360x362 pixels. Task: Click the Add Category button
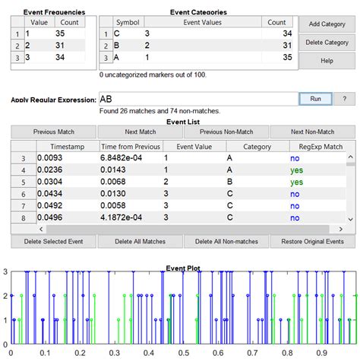click(328, 25)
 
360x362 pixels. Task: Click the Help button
click(328, 60)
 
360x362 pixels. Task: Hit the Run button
click(315, 99)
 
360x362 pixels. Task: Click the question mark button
click(345, 99)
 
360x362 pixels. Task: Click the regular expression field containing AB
click(197, 99)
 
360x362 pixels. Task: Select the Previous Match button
click(54, 132)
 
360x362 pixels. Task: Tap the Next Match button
click(141, 132)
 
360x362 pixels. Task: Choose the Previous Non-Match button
click(226, 132)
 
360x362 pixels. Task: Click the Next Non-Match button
click(312, 132)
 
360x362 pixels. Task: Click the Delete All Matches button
click(141, 242)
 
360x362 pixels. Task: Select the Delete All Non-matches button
click(226, 242)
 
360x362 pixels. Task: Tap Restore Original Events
click(313, 242)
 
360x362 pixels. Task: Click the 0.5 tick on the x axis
click(178, 354)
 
